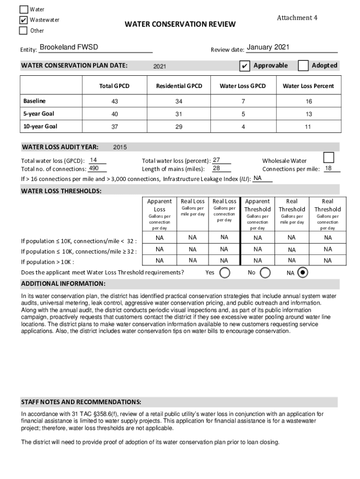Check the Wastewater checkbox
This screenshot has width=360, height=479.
[x=23, y=20]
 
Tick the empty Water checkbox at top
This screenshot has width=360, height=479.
[x=23, y=9]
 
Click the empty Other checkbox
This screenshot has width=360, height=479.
[x=23, y=31]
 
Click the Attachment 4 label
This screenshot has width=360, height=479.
[x=297, y=18]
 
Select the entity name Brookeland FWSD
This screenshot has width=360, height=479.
[x=69, y=47]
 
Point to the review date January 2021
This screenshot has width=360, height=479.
[x=268, y=47]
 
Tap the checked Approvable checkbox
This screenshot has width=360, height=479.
[x=244, y=66]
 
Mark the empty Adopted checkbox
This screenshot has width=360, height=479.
[x=303, y=65]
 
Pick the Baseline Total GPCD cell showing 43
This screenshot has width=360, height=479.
[x=114, y=102]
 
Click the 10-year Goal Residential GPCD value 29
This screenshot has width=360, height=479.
[x=179, y=127]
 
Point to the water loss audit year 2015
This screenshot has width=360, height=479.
[x=120, y=147]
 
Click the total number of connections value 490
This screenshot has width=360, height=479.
[x=94, y=168]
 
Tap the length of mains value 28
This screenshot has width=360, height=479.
[x=216, y=168]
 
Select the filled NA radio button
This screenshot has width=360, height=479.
[x=302, y=273]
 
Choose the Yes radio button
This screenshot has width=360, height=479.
[x=225, y=273]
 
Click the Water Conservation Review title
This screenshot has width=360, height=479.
[x=180, y=24]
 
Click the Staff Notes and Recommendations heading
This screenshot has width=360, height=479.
[x=81, y=402]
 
